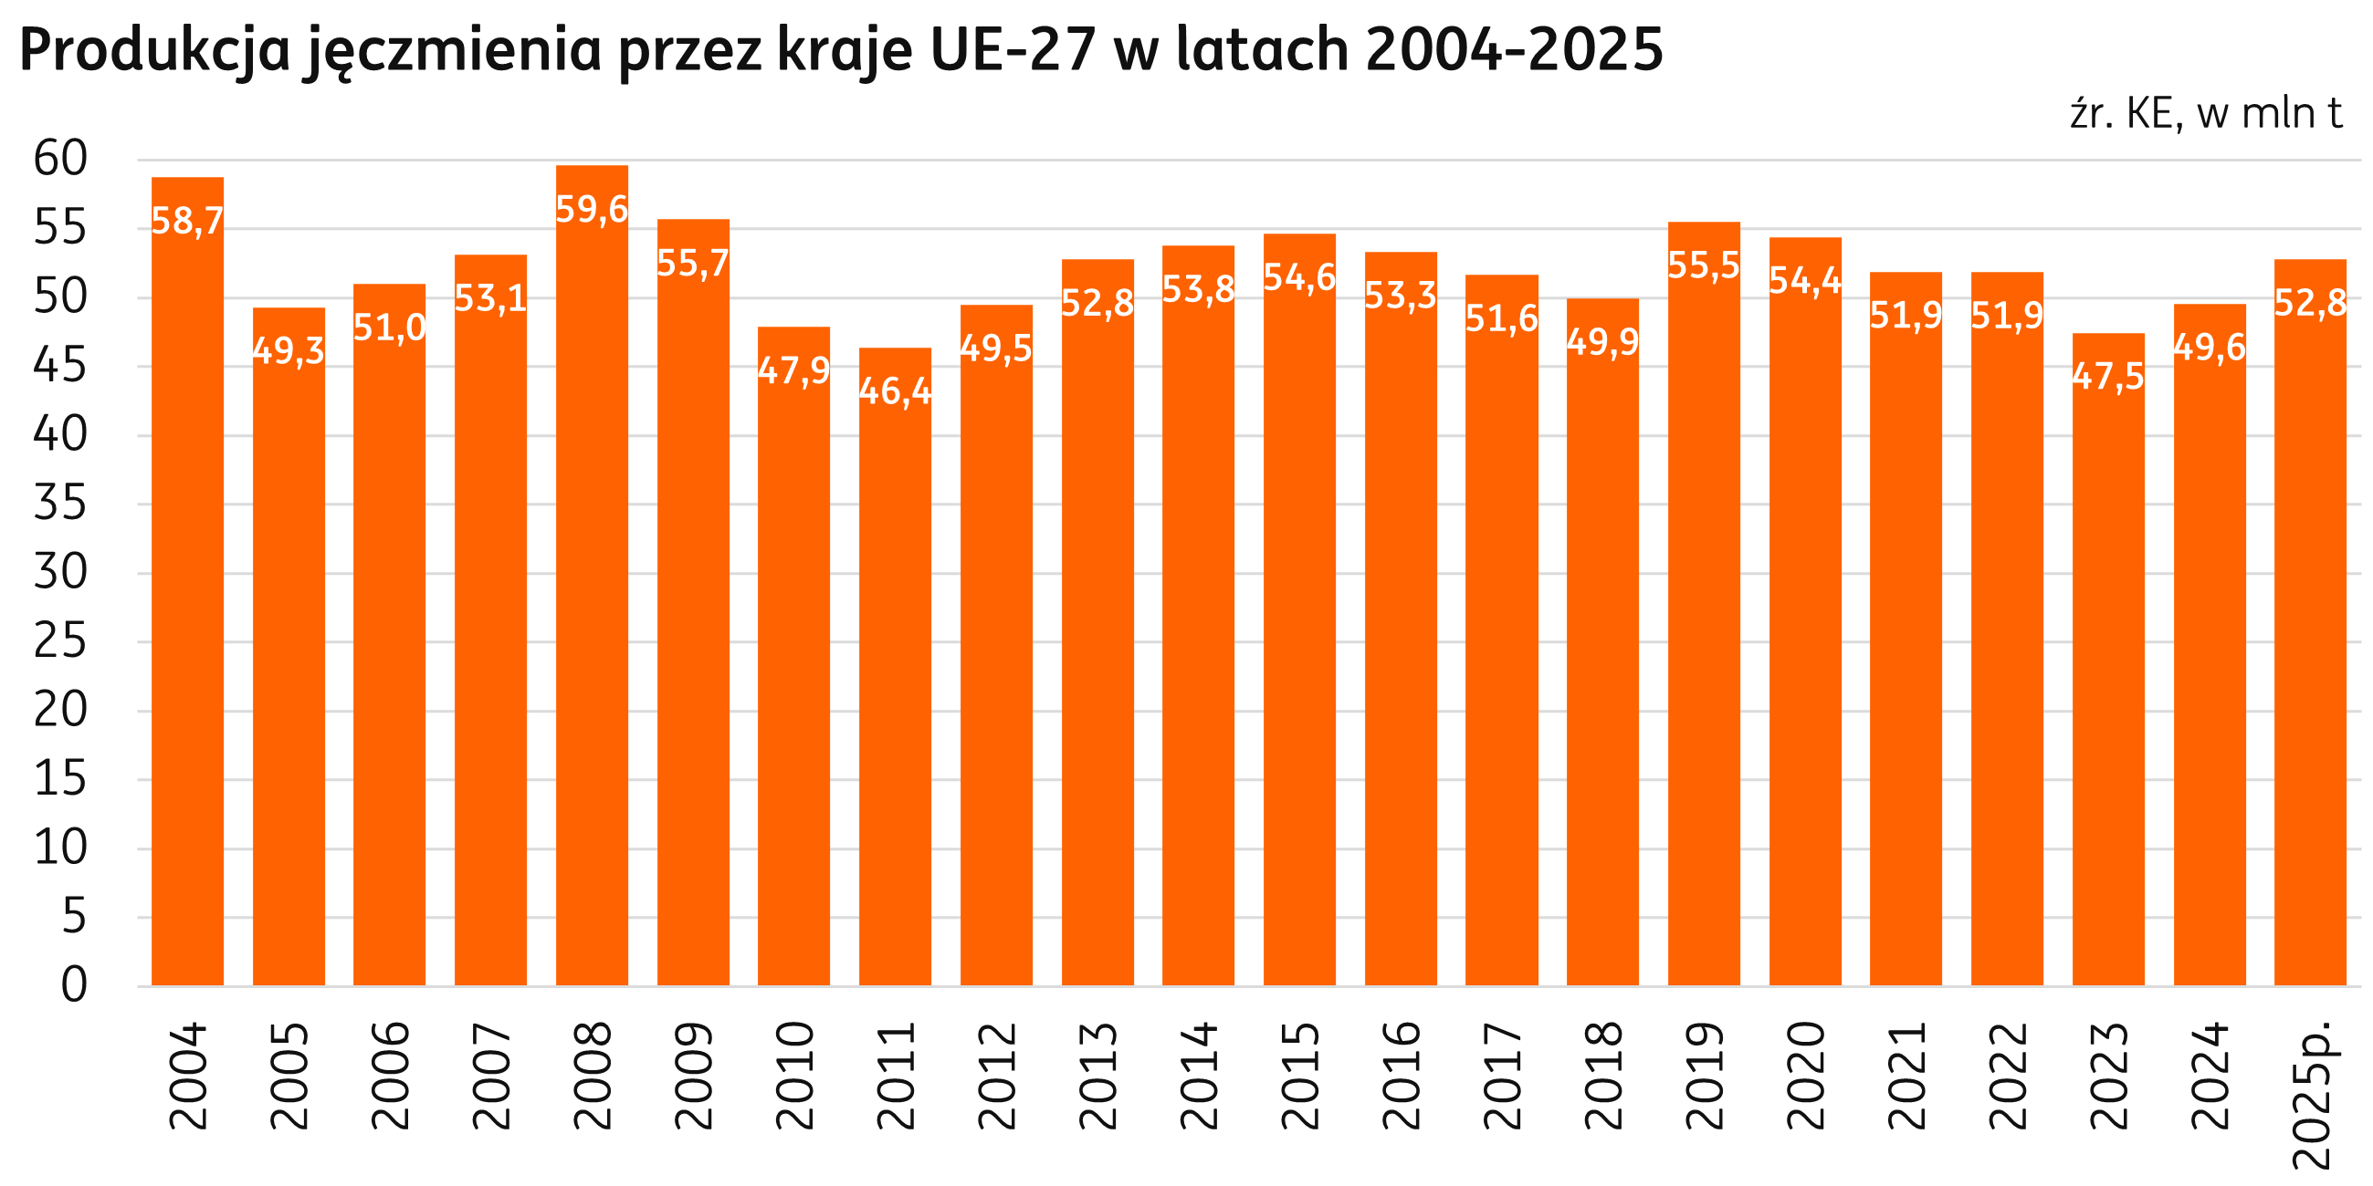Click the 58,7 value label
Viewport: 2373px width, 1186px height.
tap(187, 221)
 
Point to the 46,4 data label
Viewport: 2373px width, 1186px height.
tap(896, 391)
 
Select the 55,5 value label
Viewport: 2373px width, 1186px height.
tap(1705, 265)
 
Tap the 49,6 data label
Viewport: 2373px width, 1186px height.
tap(2209, 348)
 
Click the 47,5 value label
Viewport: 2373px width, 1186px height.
tap(2108, 376)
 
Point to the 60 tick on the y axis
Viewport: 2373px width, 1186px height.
tap(61, 159)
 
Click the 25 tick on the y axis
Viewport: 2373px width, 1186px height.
tap(61, 640)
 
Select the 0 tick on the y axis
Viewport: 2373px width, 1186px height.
tap(74, 984)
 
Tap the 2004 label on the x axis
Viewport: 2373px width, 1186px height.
tap(188, 1076)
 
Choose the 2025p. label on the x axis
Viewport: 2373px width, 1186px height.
tap(2311, 1094)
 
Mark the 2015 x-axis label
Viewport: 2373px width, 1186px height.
tap(1300, 1076)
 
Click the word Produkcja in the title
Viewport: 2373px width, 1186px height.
tap(155, 50)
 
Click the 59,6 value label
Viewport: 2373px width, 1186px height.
tap(593, 210)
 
